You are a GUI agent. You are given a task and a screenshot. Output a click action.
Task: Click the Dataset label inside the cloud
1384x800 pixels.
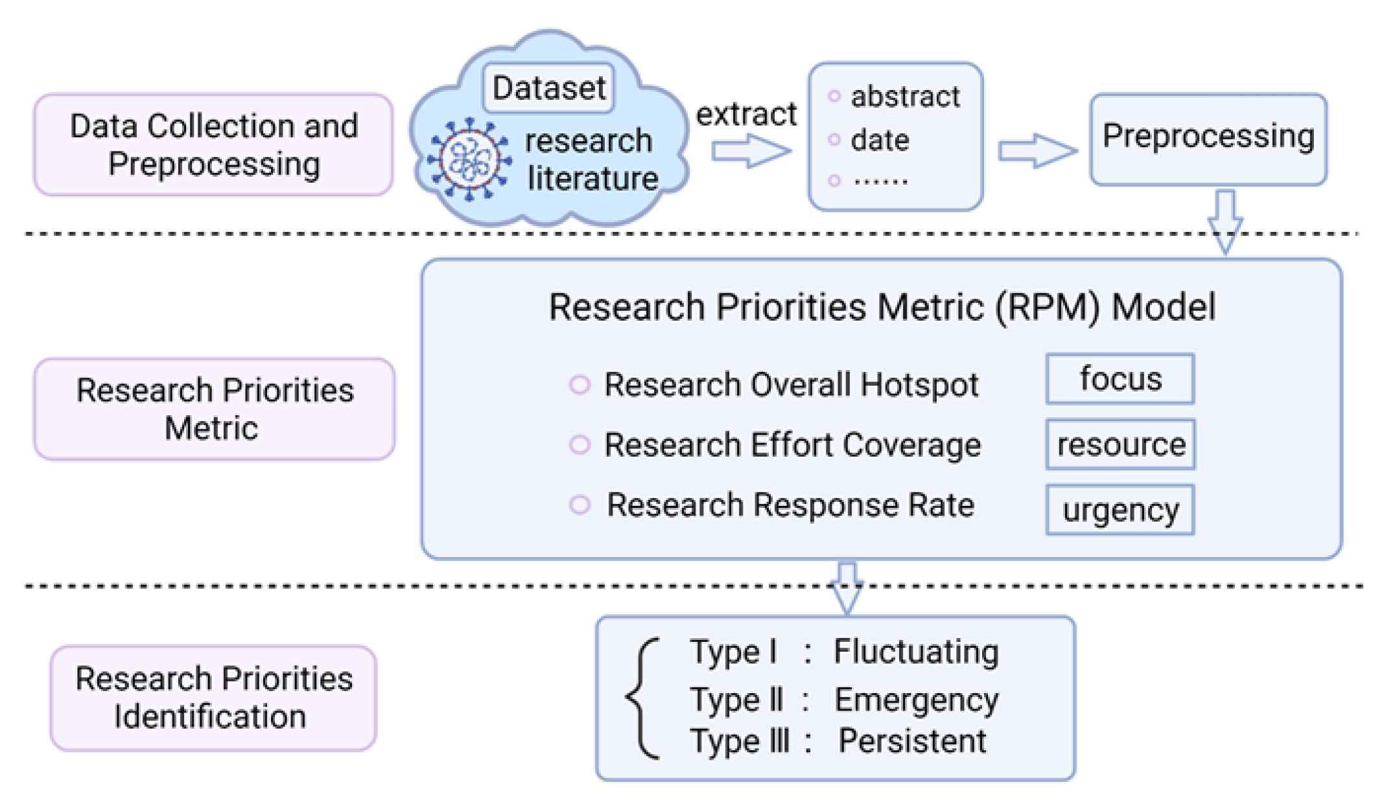[x=548, y=87]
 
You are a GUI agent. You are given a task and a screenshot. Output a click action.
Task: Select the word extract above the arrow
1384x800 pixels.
[x=745, y=114]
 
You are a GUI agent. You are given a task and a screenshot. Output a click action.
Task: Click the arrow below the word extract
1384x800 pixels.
[x=751, y=151]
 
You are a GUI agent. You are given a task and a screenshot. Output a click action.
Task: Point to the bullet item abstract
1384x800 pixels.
[x=904, y=97]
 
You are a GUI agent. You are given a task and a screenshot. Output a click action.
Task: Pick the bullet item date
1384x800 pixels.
[x=880, y=140]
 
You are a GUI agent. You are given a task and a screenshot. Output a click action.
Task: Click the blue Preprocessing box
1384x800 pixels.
[x=1208, y=139]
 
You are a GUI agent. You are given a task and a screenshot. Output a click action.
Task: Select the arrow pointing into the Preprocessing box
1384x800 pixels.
[x=1037, y=151]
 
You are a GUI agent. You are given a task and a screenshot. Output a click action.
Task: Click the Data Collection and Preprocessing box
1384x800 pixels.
[x=213, y=144]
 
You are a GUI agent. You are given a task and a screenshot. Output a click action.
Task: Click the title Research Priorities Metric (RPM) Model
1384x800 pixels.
[x=882, y=306]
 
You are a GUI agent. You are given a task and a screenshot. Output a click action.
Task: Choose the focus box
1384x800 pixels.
[x=1120, y=379]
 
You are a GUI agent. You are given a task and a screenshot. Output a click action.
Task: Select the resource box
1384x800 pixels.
[x=1120, y=444]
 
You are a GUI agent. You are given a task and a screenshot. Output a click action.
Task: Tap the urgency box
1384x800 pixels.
[x=1120, y=510]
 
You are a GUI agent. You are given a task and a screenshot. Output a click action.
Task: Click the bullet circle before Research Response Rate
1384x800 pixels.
[x=580, y=505]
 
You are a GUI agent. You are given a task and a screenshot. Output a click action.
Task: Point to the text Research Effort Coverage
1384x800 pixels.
[x=792, y=445]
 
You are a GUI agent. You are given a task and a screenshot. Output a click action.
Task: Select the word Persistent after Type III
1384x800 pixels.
[x=911, y=740]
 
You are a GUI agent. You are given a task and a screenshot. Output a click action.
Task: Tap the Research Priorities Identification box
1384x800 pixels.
[x=213, y=698]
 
